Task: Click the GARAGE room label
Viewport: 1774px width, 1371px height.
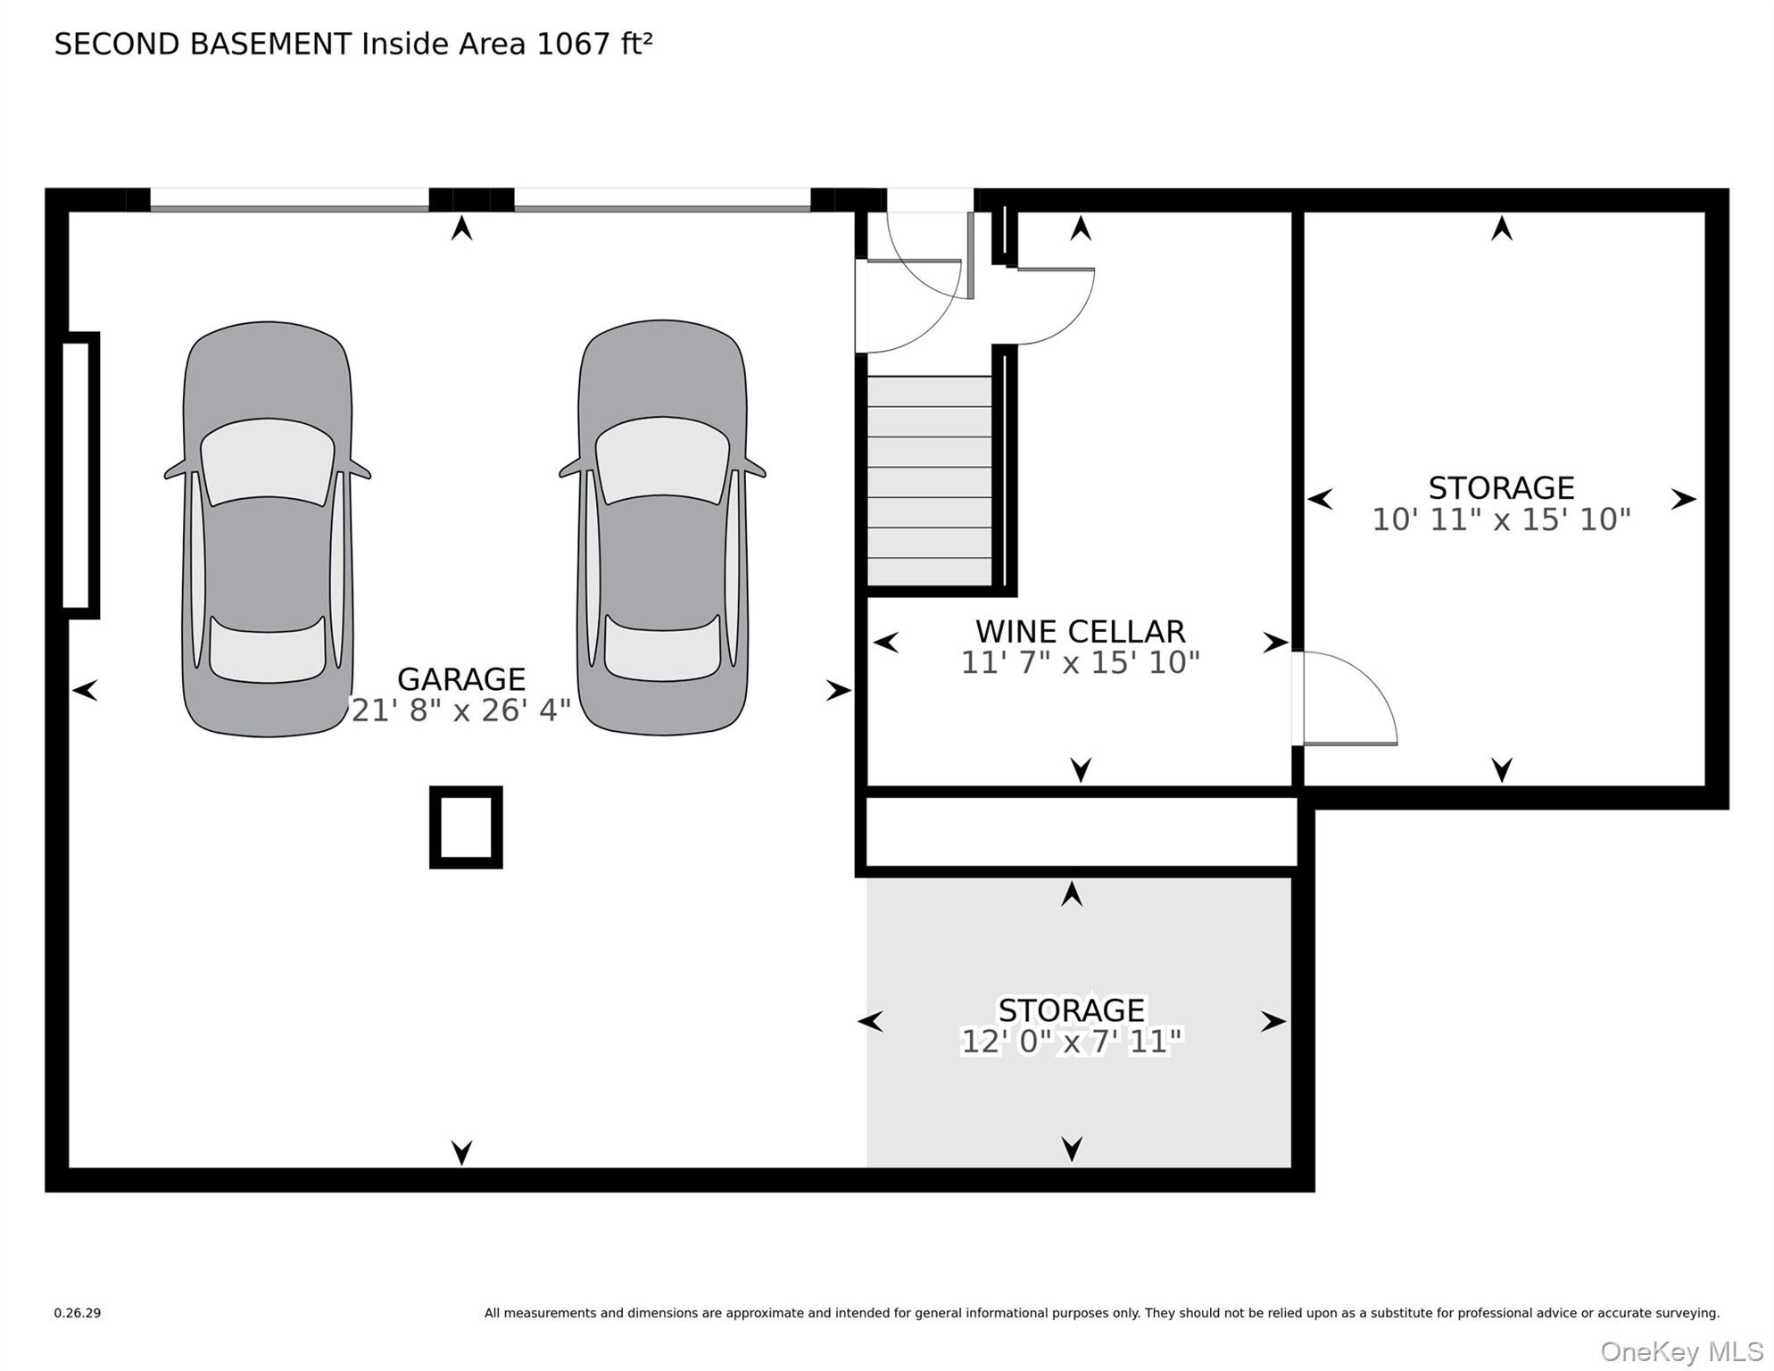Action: [460, 679]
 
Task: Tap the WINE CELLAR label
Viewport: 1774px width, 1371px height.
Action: [1080, 631]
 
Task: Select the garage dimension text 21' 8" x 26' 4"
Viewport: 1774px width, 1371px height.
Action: [460, 710]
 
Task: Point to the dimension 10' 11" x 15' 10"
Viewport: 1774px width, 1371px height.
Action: [1501, 519]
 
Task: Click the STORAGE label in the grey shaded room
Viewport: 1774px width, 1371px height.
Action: [1071, 1010]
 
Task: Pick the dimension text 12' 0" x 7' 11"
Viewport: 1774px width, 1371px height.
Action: [1071, 1041]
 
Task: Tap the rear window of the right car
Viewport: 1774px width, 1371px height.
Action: [662, 648]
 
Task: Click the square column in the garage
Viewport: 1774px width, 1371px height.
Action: [466, 827]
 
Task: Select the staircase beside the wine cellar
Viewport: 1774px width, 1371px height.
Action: [929, 480]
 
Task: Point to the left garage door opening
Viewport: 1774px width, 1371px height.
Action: [289, 200]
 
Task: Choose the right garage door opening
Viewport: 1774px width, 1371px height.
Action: [662, 200]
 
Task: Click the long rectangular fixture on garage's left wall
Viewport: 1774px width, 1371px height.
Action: [79, 475]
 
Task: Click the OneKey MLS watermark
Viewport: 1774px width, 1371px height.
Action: [1681, 1351]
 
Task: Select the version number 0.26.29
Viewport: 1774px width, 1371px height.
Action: [78, 1313]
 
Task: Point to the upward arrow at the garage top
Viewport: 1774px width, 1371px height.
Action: [461, 228]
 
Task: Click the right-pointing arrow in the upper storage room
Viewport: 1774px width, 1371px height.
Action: [1683, 499]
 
